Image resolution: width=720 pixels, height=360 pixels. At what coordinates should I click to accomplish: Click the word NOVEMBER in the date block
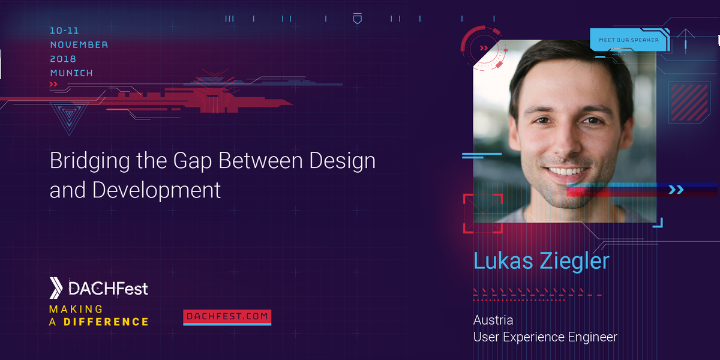coord(79,45)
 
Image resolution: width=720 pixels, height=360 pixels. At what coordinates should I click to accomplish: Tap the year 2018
coord(63,59)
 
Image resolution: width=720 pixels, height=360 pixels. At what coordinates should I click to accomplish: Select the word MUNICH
coord(71,73)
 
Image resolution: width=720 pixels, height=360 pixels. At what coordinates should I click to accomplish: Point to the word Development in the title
coord(157,190)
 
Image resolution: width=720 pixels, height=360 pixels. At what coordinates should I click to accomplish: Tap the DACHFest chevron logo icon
coord(56,289)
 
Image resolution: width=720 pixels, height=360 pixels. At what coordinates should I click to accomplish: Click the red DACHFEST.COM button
coord(227,317)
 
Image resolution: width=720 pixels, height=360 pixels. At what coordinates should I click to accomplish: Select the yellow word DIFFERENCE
coord(106,322)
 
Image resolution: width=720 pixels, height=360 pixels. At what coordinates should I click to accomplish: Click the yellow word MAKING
coord(76,309)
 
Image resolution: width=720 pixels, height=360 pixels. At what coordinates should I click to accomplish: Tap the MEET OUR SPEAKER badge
coord(628,40)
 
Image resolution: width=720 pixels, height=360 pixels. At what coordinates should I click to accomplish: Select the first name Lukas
coord(501,262)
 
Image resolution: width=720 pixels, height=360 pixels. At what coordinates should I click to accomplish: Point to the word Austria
coord(493,320)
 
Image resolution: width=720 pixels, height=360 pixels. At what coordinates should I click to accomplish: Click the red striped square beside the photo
coord(689,103)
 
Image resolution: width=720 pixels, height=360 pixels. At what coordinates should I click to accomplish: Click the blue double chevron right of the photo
coord(676,190)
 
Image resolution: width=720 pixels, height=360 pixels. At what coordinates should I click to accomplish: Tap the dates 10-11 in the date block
coord(64,31)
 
